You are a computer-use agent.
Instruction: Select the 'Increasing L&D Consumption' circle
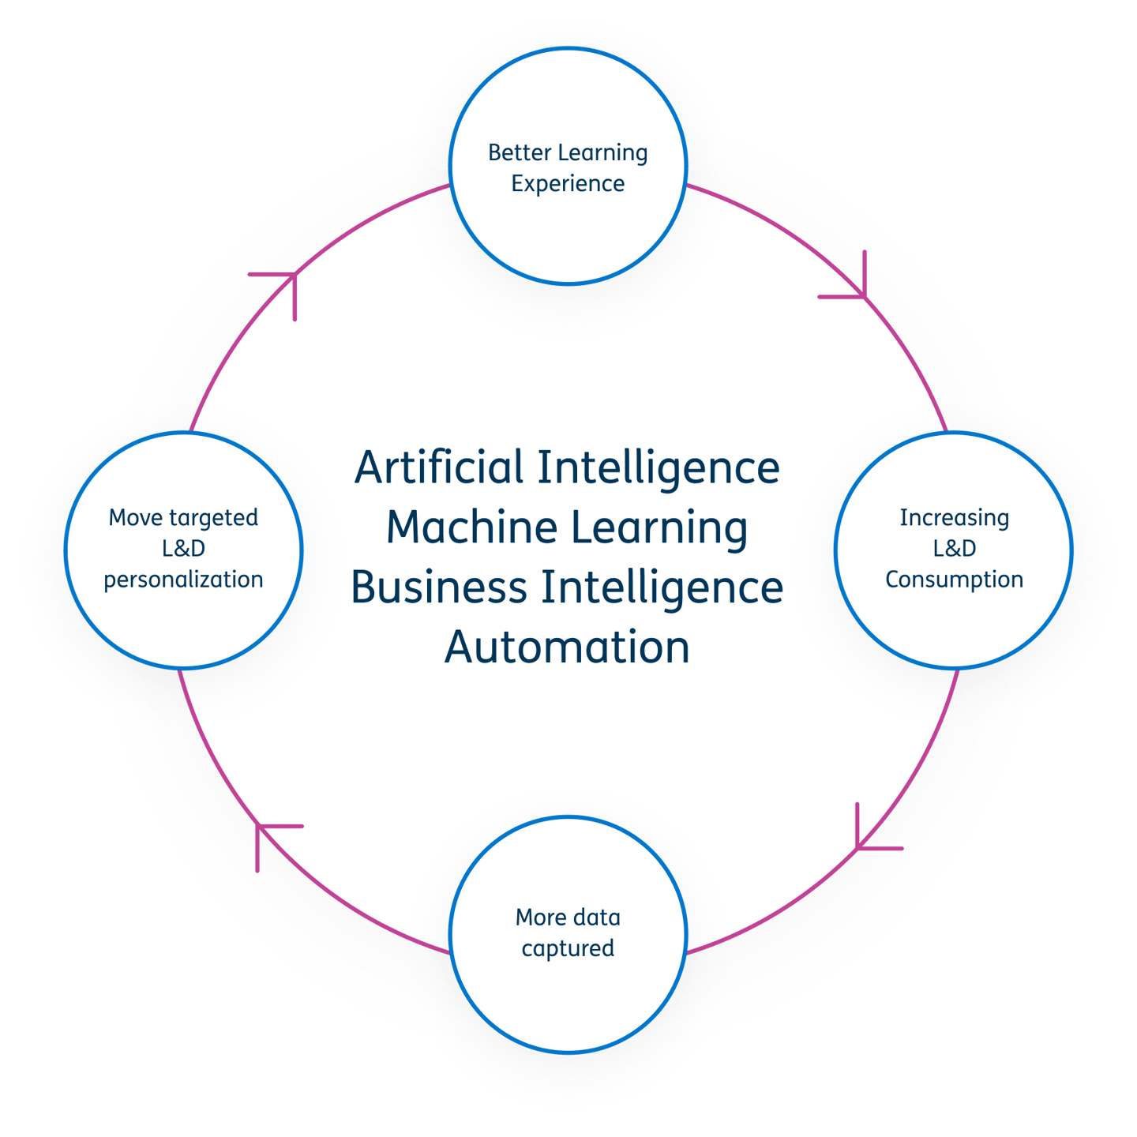[954, 434]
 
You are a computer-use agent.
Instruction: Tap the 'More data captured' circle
[568, 818]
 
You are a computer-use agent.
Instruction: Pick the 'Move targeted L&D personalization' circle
[183, 434]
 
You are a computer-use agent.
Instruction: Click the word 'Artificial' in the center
[439, 467]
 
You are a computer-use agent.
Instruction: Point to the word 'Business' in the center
[439, 587]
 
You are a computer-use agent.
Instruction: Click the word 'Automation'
[567, 647]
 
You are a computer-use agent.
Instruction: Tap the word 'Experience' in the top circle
[568, 184]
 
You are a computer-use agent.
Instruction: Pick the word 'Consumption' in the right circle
[954, 580]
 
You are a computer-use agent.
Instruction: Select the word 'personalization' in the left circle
[183, 580]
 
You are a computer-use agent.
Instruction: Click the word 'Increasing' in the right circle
[954, 518]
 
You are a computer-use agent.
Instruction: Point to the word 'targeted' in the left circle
[215, 518]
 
